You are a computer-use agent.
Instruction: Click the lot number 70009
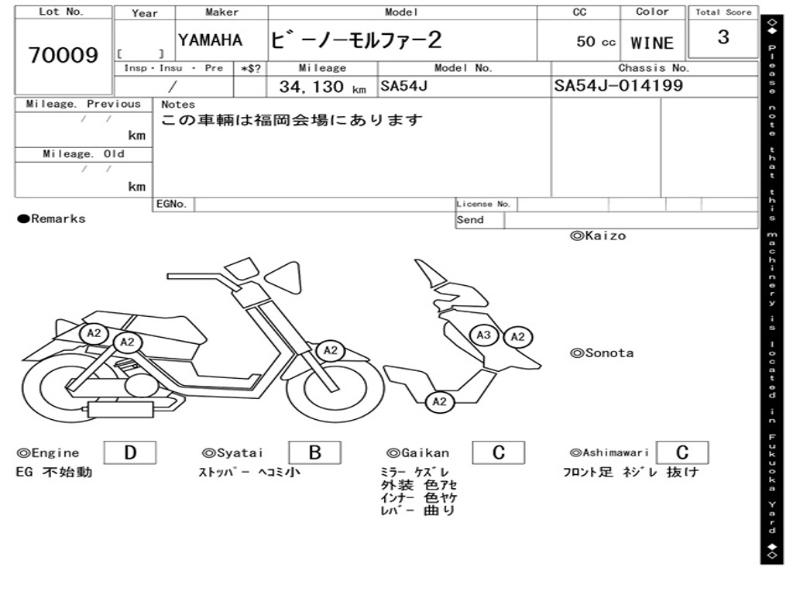(64, 56)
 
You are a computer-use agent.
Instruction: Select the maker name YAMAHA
(210, 40)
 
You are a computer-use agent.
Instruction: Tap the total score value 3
(723, 37)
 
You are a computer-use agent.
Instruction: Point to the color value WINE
(652, 43)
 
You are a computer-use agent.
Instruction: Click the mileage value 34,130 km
(322, 87)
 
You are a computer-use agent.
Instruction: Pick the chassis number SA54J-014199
(619, 85)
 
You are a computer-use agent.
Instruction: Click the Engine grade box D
(129, 453)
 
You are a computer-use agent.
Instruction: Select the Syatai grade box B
(314, 453)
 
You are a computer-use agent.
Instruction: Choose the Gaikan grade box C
(499, 453)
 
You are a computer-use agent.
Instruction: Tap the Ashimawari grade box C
(681, 453)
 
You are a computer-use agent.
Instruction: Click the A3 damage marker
(484, 335)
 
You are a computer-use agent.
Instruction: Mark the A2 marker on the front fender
(331, 351)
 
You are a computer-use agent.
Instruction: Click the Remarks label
(52, 219)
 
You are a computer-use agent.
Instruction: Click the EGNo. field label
(172, 205)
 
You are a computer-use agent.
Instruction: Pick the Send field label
(470, 220)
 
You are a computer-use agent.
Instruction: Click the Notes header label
(178, 105)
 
